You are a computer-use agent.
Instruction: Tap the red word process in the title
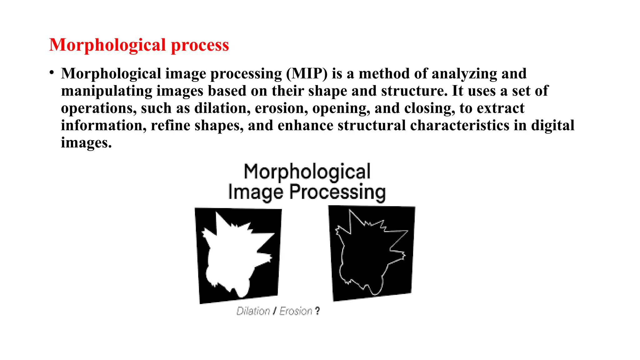point(200,45)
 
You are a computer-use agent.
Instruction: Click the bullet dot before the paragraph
point(52,73)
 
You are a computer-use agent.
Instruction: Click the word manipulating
point(106,91)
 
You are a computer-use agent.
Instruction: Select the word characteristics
point(460,125)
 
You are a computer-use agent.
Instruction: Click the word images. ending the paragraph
point(86,143)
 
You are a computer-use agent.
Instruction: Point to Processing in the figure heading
point(337,192)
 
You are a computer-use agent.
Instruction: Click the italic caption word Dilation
point(253,311)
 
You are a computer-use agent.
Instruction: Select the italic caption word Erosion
point(296,311)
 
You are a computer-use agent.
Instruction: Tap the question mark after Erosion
point(317,311)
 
